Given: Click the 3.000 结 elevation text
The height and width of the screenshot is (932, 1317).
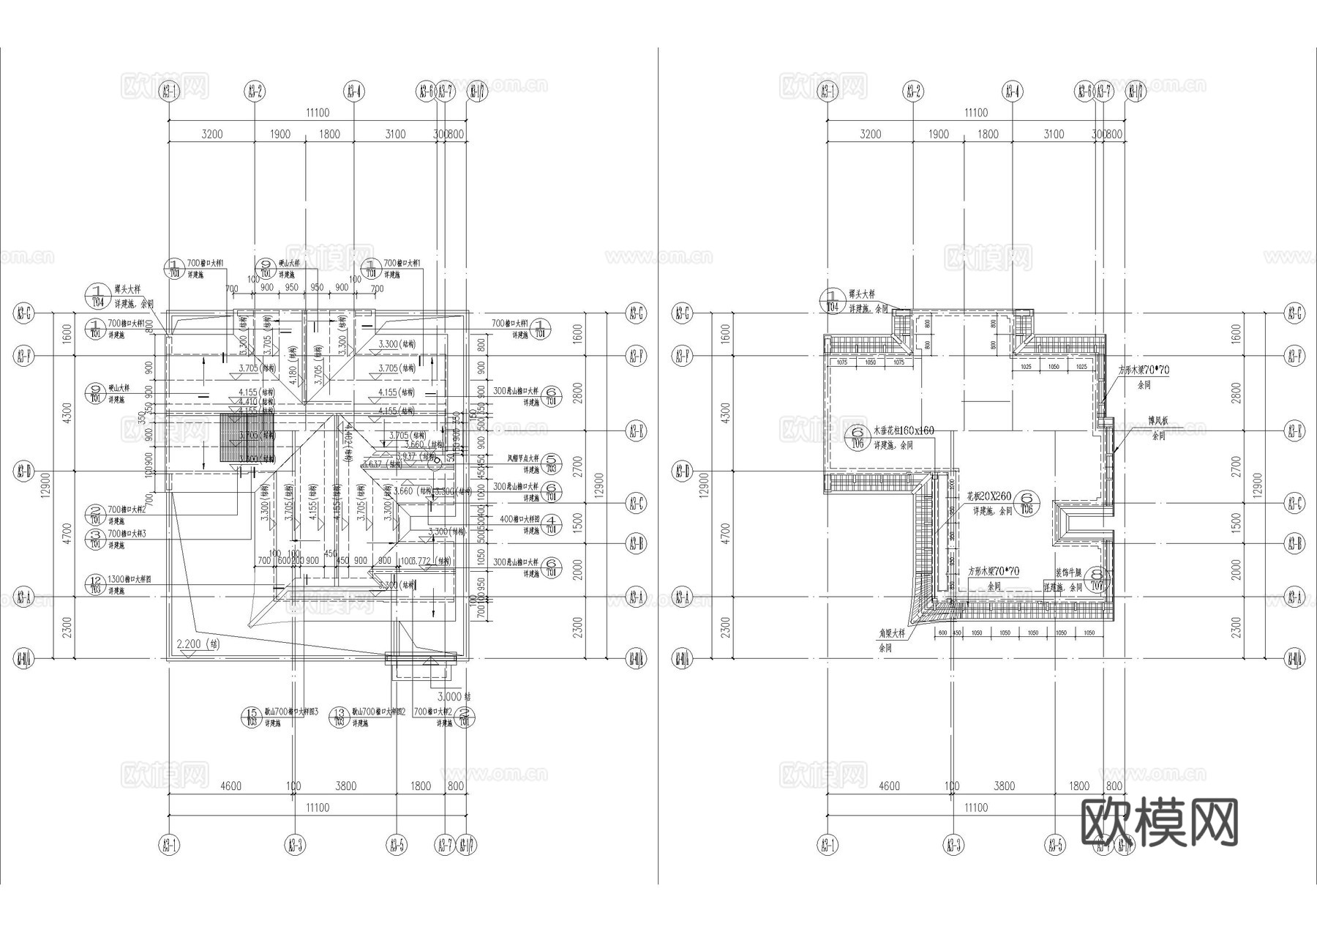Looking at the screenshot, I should [x=454, y=696].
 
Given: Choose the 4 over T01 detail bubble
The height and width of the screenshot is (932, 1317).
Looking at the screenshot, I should [x=552, y=524].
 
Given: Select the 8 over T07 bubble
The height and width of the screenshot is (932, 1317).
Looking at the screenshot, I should [x=1096, y=579].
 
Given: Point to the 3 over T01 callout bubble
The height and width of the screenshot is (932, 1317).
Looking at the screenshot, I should [x=95, y=540].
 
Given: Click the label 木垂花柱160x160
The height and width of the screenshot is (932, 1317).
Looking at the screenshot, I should [x=904, y=430].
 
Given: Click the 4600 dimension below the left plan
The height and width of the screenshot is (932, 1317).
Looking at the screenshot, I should [x=230, y=786].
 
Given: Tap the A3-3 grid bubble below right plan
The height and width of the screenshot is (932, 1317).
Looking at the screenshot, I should [x=952, y=846].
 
